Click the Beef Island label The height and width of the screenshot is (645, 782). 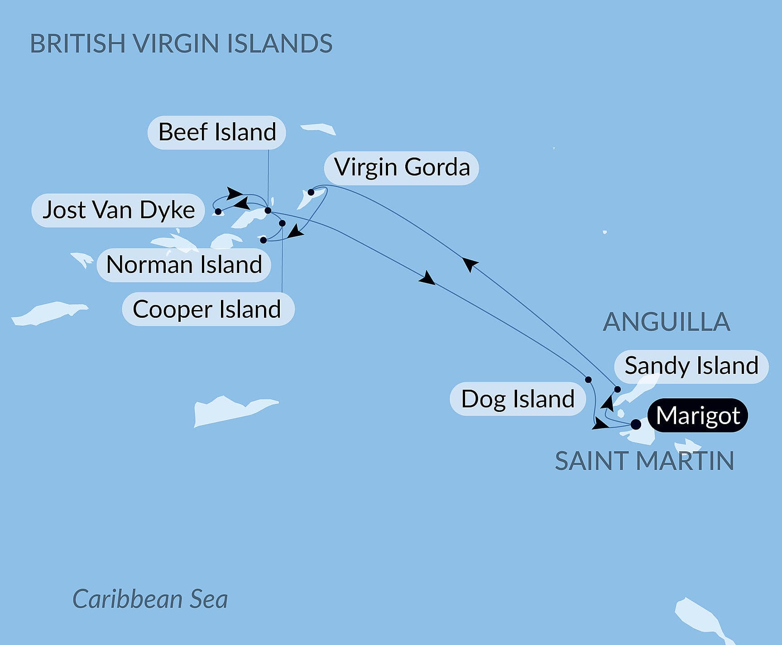point(217,132)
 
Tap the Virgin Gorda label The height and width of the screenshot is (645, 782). point(402,167)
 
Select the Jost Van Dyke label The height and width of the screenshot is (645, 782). point(118,210)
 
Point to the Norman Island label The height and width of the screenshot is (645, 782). point(184,265)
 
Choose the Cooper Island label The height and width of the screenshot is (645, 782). point(208,310)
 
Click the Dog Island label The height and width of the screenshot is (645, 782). point(518,399)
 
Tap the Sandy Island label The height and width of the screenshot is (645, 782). point(691,366)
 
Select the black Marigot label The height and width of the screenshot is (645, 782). point(698,416)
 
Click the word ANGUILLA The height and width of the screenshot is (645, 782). point(666,322)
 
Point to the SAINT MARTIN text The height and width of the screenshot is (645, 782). point(644,461)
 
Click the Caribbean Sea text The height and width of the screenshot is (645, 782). point(150,599)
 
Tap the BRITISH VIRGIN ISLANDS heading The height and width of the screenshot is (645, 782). point(181,44)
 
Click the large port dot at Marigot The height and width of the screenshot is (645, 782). point(636,425)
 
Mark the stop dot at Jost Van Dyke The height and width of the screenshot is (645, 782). point(218,211)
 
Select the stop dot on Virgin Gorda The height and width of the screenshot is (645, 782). point(311,192)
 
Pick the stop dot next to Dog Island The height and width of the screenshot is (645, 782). point(588,380)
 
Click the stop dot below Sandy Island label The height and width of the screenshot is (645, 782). point(617,389)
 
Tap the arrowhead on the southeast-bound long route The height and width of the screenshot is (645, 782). point(427,278)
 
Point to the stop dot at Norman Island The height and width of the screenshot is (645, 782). point(263,240)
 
